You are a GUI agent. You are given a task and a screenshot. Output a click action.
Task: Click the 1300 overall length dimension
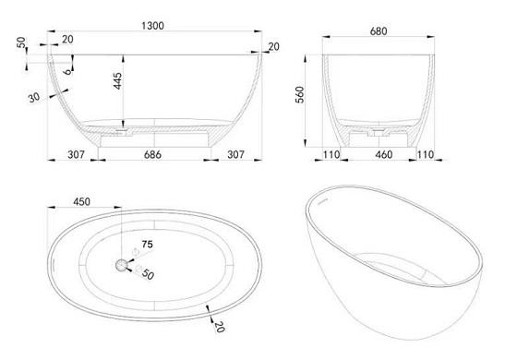tap(152, 26)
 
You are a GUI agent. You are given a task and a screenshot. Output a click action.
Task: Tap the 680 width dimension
tap(379, 31)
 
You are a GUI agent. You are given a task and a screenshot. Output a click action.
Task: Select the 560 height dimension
tap(300, 94)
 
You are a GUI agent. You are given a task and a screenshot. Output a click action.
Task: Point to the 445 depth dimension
tap(117, 81)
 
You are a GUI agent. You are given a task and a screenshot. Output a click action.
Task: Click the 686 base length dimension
tap(152, 155)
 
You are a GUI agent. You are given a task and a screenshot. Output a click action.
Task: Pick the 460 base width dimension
tap(384, 155)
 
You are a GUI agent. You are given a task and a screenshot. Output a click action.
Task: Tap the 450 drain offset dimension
tap(81, 201)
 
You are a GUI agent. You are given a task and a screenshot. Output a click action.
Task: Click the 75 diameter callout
tap(147, 245)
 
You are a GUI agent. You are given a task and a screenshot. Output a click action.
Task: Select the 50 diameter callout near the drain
tap(148, 274)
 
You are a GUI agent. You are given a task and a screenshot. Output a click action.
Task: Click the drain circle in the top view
tap(122, 265)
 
